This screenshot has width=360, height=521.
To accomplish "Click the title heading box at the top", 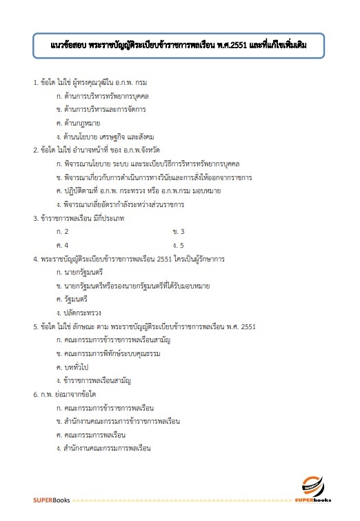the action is click(x=179, y=47).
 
